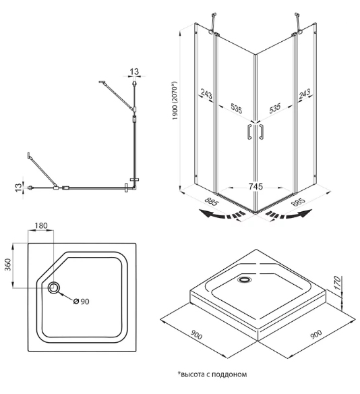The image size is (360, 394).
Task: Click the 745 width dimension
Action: [x=256, y=187]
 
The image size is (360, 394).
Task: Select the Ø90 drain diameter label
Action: [x=82, y=302]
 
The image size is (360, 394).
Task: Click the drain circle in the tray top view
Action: [x=54, y=287]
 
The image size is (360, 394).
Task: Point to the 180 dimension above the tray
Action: [x=41, y=225]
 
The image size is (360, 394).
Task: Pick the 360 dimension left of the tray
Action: [x=8, y=264]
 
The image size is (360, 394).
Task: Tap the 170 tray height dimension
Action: [x=339, y=283]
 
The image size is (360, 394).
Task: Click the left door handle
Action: [x=249, y=131]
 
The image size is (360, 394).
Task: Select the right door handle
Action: [x=262, y=131]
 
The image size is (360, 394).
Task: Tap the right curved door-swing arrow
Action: [x=289, y=215]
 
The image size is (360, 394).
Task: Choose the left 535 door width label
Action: [x=236, y=109]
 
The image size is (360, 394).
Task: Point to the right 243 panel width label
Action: [x=304, y=94]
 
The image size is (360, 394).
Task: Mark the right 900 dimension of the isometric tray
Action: [x=316, y=334]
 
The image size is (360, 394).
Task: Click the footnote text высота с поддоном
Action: [x=214, y=374]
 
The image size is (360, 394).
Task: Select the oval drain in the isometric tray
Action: [x=244, y=279]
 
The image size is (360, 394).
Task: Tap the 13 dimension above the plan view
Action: [x=134, y=72]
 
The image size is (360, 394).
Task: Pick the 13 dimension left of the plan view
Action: [x=18, y=188]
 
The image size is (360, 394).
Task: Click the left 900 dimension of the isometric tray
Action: [x=196, y=335]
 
